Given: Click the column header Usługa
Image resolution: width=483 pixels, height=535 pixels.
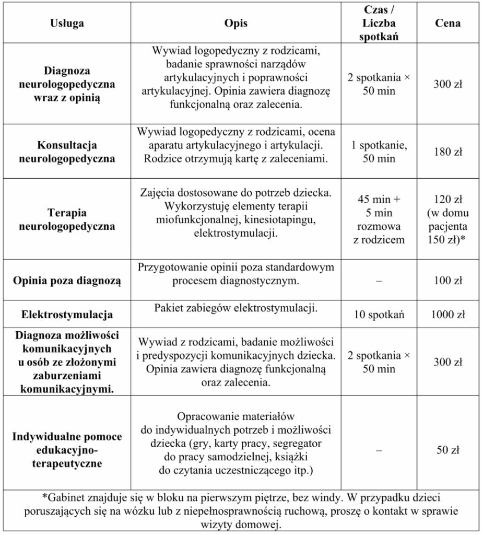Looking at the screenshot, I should coord(67,24).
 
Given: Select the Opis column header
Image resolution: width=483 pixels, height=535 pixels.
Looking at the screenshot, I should coord(236,24).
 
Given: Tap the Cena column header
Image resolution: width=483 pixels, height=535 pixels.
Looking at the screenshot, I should coord(447,24).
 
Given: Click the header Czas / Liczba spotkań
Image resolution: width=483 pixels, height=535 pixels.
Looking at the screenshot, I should coord(379,24).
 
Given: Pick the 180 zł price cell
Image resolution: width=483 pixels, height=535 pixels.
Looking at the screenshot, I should coord(447,152).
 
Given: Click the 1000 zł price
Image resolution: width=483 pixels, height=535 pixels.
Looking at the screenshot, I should coord(447,315).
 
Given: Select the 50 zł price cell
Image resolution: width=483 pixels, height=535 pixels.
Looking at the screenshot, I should coord(447,450).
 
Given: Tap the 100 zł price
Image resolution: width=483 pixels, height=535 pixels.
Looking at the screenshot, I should coord(447,281).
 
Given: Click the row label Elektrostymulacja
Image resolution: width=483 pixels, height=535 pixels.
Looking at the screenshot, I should coord(67,315).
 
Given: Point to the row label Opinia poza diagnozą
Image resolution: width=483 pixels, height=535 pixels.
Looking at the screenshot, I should coord(67,281).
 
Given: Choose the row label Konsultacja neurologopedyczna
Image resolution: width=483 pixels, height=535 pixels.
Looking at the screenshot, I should coord(67,152).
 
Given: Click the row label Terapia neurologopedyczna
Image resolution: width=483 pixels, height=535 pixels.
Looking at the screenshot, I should coord(67,220).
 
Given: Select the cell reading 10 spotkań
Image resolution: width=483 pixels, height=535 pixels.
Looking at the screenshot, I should coord(379,315).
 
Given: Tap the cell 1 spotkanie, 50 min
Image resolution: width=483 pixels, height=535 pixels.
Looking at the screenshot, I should coord(379,152).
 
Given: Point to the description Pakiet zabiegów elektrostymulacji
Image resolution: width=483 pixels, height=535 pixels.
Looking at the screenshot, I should coord(236,309).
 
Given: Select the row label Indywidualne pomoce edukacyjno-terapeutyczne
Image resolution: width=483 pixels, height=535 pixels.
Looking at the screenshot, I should coord(67,450).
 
